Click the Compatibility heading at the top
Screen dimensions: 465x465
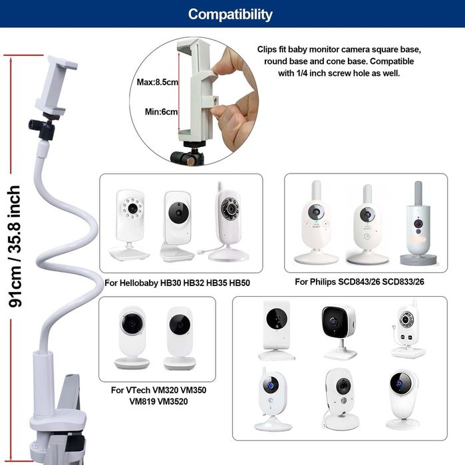pyautogui.click(x=230, y=14)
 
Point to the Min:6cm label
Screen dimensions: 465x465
pyautogui.click(x=161, y=112)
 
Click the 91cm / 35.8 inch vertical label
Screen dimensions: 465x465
pyautogui.click(x=14, y=245)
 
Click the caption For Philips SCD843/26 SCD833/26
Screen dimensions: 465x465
pyautogui.click(x=359, y=282)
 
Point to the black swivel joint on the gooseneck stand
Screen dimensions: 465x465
pyautogui.click(x=43, y=128)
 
